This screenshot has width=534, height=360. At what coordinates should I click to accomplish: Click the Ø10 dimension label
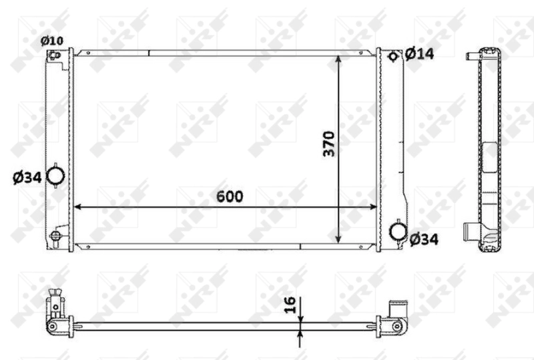coord(51,41)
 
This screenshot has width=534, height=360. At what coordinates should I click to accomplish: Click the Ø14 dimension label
coord(419,53)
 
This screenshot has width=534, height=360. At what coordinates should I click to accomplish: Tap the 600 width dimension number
coord(228,196)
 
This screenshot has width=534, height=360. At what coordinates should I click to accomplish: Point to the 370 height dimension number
coord(328,144)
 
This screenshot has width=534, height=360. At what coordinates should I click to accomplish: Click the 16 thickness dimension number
coord(290,305)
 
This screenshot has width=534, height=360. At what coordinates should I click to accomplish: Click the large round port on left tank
coord(57,176)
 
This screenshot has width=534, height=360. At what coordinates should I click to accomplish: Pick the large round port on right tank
coord(398,231)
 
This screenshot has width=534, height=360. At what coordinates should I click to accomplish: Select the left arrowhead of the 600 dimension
coord(77,206)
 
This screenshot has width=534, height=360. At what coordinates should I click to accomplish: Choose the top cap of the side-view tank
coord(488,52)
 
